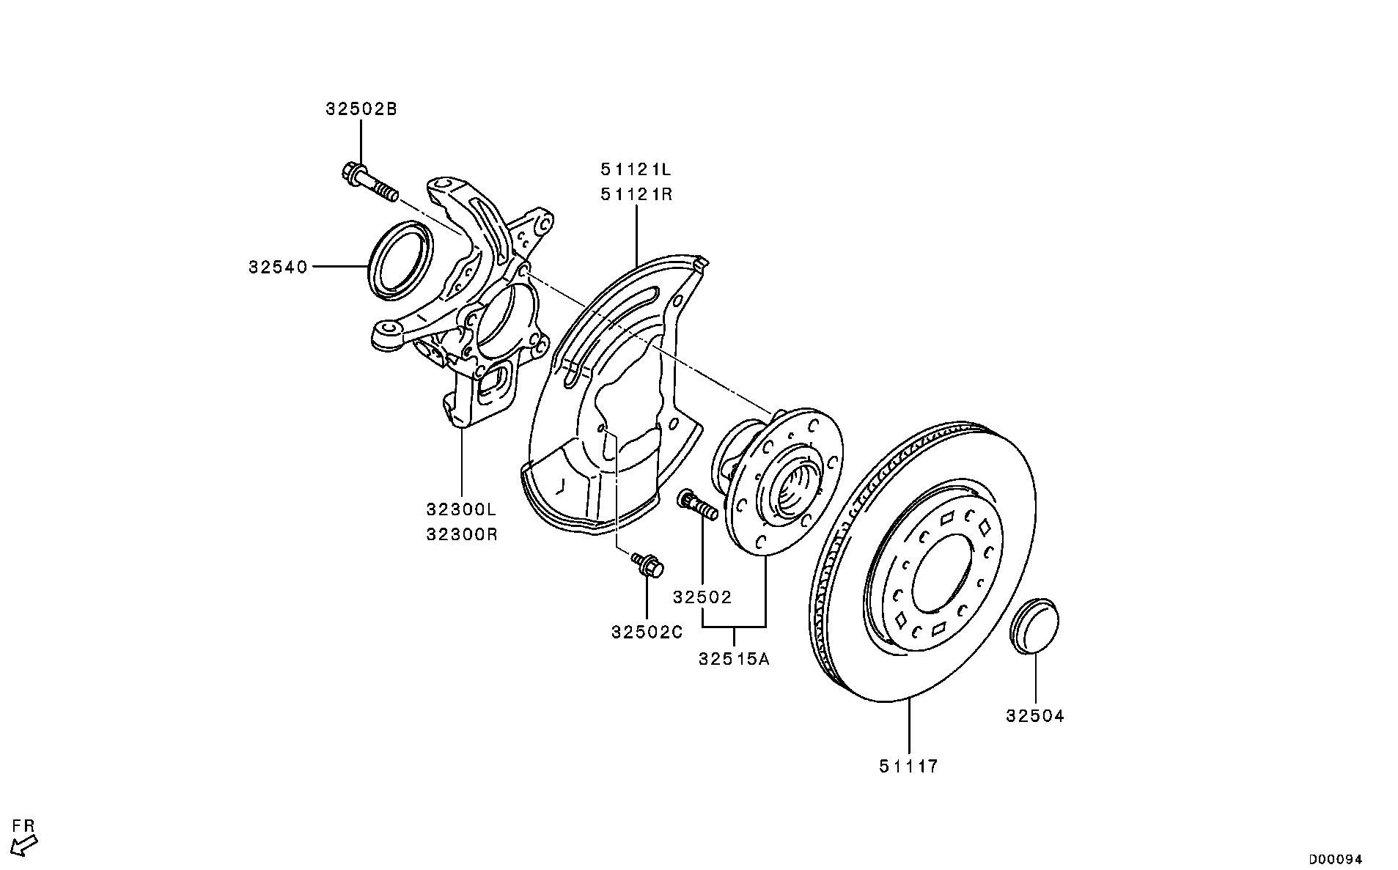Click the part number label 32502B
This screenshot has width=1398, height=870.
click(x=361, y=110)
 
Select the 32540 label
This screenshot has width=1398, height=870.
click(x=278, y=268)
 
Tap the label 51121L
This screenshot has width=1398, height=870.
click(x=636, y=170)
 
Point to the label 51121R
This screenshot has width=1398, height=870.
click(x=636, y=195)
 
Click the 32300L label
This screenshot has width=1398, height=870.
click(x=462, y=509)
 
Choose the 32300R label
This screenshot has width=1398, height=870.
click(x=462, y=535)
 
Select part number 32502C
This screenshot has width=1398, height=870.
click(x=647, y=632)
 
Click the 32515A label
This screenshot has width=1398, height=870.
click(x=734, y=659)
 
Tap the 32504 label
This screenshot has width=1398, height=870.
click(x=1034, y=716)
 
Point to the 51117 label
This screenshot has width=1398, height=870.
click(x=908, y=767)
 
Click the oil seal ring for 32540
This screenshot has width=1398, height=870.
click(x=400, y=259)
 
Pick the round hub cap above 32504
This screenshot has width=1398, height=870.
click(x=1034, y=624)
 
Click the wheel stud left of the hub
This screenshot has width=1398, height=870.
click(x=697, y=505)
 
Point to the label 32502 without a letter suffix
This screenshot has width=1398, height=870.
click(x=702, y=598)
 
